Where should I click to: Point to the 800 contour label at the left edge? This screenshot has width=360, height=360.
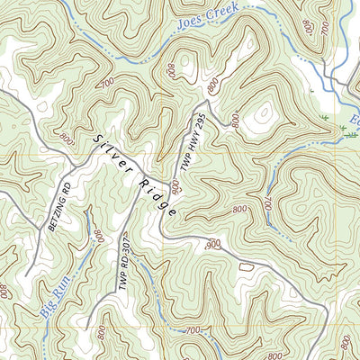click(x=4, y=291)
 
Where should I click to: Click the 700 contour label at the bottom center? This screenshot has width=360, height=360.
click(x=192, y=331)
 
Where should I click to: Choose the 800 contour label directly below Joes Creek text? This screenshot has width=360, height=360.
click(x=172, y=70)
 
